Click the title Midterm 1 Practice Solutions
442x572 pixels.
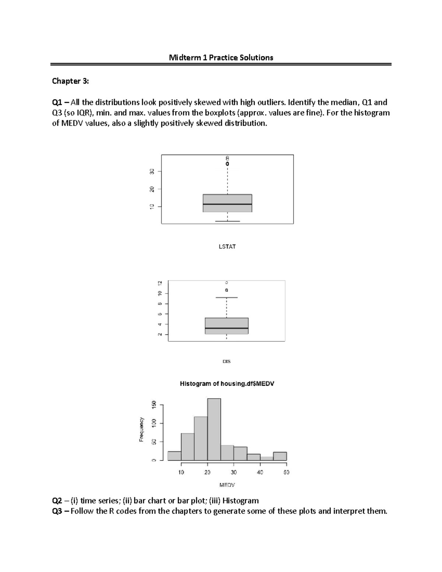point(221,57)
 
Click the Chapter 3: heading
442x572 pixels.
point(70,81)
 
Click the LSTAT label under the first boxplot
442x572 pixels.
point(227,246)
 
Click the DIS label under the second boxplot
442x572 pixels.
point(227,361)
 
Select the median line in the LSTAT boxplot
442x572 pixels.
point(227,204)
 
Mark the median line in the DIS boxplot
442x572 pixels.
point(227,328)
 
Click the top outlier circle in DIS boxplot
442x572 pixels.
point(227,283)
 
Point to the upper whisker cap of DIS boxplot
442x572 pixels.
point(227,297)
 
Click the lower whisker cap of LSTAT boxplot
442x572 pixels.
point(227,221)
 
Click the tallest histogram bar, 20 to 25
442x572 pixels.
point(214,429)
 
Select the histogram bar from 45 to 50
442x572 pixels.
point(280,456)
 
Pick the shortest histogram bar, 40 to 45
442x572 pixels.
point(267,459)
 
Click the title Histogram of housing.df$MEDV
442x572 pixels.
point(227,383)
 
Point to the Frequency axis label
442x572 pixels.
point(141,429)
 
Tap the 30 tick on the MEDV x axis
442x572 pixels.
point(234,472)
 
